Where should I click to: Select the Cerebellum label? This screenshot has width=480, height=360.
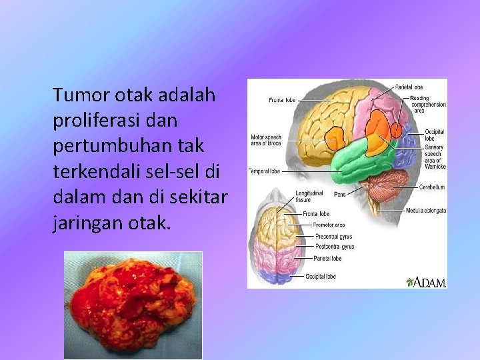[x=432, y=187]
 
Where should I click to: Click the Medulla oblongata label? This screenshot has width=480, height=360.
[x=425, y=211]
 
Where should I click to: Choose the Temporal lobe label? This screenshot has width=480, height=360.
[x=264, y=171]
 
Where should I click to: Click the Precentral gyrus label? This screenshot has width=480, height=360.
[x=333, y=236]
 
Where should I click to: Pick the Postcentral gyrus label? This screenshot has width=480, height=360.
[x=334, y=247]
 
